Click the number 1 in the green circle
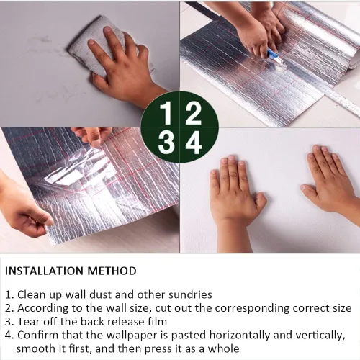click(x=166, y=112)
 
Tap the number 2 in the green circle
click(x=193, y=112)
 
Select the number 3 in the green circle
click(x=166, y=143)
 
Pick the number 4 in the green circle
click(x=194, y=143)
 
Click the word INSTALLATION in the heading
click(x=45, y=271)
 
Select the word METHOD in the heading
click(x=112, y=271)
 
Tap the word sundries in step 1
click(x=190, y=294)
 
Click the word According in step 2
click(x=42, y=308)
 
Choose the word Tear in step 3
click(x=28, y=322)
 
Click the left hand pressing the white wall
click(x=235, y=196)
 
